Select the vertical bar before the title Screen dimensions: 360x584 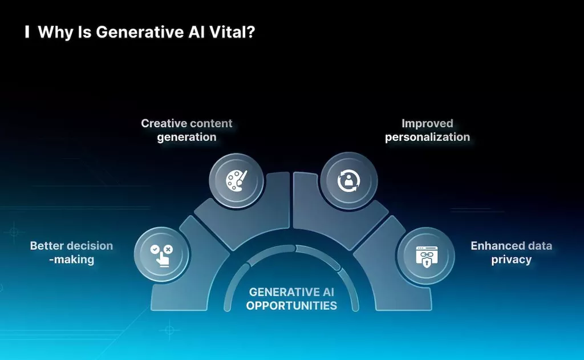coord(27,33)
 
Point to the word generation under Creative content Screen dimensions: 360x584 coord(186,137)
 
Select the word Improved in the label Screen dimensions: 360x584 coord(427,123)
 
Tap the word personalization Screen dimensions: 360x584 coord(427,137)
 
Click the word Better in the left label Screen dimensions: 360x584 coord(47,246)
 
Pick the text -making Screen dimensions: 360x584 coord(71,260)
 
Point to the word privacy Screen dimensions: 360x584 coord(511,260)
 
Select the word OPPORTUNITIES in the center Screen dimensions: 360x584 coord(291,305)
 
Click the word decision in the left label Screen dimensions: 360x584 coord(90,246)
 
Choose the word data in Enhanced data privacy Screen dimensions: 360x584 coord(540,246)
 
